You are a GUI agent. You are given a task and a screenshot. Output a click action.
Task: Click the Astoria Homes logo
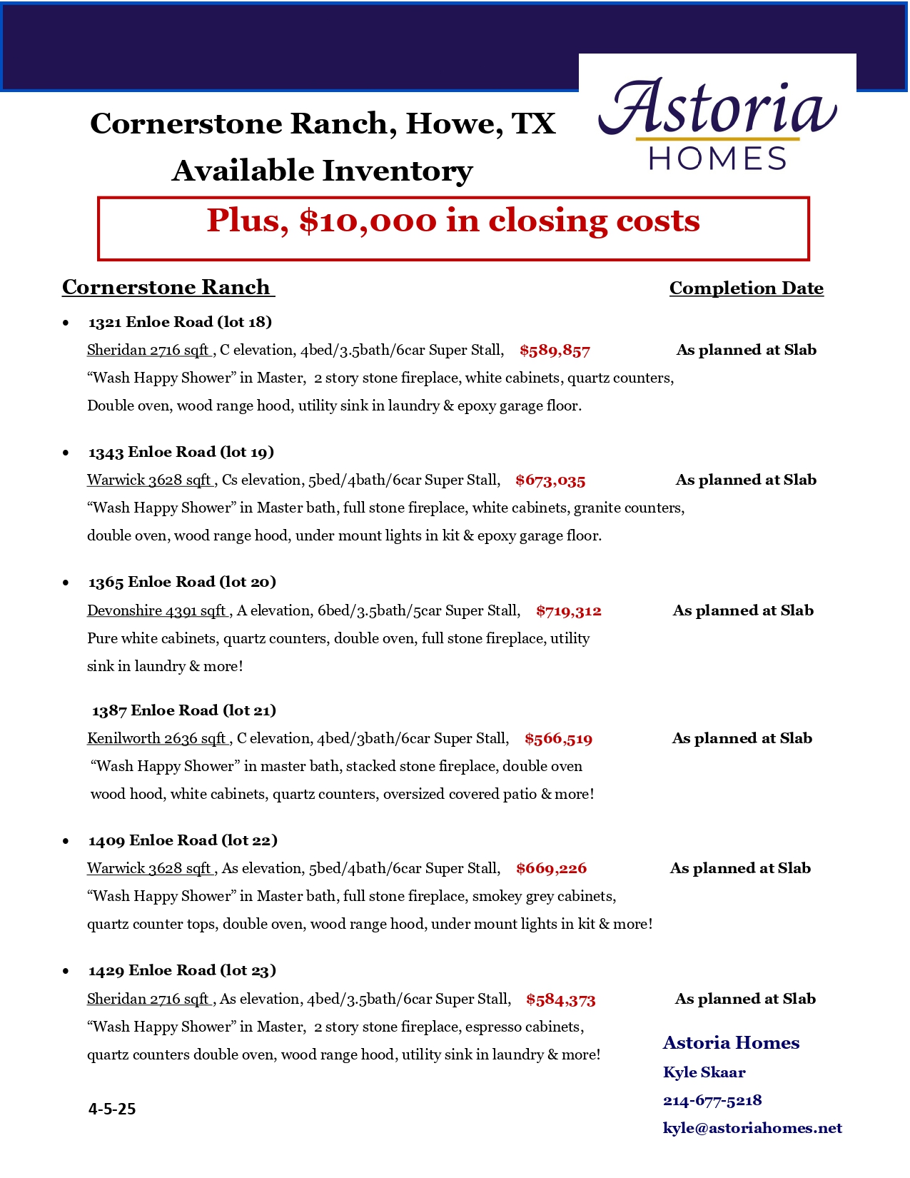click(717, 125)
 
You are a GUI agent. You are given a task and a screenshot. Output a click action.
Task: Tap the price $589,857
click(555, 351)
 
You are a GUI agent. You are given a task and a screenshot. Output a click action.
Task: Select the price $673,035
click(550, 480)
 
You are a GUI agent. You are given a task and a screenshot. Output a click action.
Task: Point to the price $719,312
click(569, 611)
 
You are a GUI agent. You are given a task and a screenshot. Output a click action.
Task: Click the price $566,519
click(558, 739)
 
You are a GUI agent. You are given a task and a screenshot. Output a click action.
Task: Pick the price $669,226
click(551, 869)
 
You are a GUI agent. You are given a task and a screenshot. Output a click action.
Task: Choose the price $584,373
click(560, 1000)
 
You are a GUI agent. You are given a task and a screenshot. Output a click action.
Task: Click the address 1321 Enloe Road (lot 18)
click(180, 322)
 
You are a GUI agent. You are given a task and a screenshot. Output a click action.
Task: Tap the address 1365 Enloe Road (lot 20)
click(182, 582)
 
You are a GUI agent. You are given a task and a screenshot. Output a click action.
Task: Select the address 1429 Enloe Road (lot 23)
click(182, 970)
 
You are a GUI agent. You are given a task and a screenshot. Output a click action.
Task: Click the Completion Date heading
click(746, 288)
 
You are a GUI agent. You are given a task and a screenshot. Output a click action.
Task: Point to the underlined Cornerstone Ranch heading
click(166, 287)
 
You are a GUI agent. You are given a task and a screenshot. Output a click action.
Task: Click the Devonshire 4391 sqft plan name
click(157, 610)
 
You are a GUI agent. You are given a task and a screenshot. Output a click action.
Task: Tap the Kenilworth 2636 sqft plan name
click(157, 738)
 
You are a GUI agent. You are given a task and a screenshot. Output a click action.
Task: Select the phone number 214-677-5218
click(712, 1100)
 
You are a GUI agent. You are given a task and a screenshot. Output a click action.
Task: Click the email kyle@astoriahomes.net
click(752, 1128)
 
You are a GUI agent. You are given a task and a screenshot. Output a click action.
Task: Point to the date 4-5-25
click(112, 1109)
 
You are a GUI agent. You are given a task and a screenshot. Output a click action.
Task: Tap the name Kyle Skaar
click(704, 1072)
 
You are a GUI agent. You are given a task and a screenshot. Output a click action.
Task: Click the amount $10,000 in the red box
click(368, 221)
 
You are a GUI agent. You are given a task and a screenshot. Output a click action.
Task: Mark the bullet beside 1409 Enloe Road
click(66, 841)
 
